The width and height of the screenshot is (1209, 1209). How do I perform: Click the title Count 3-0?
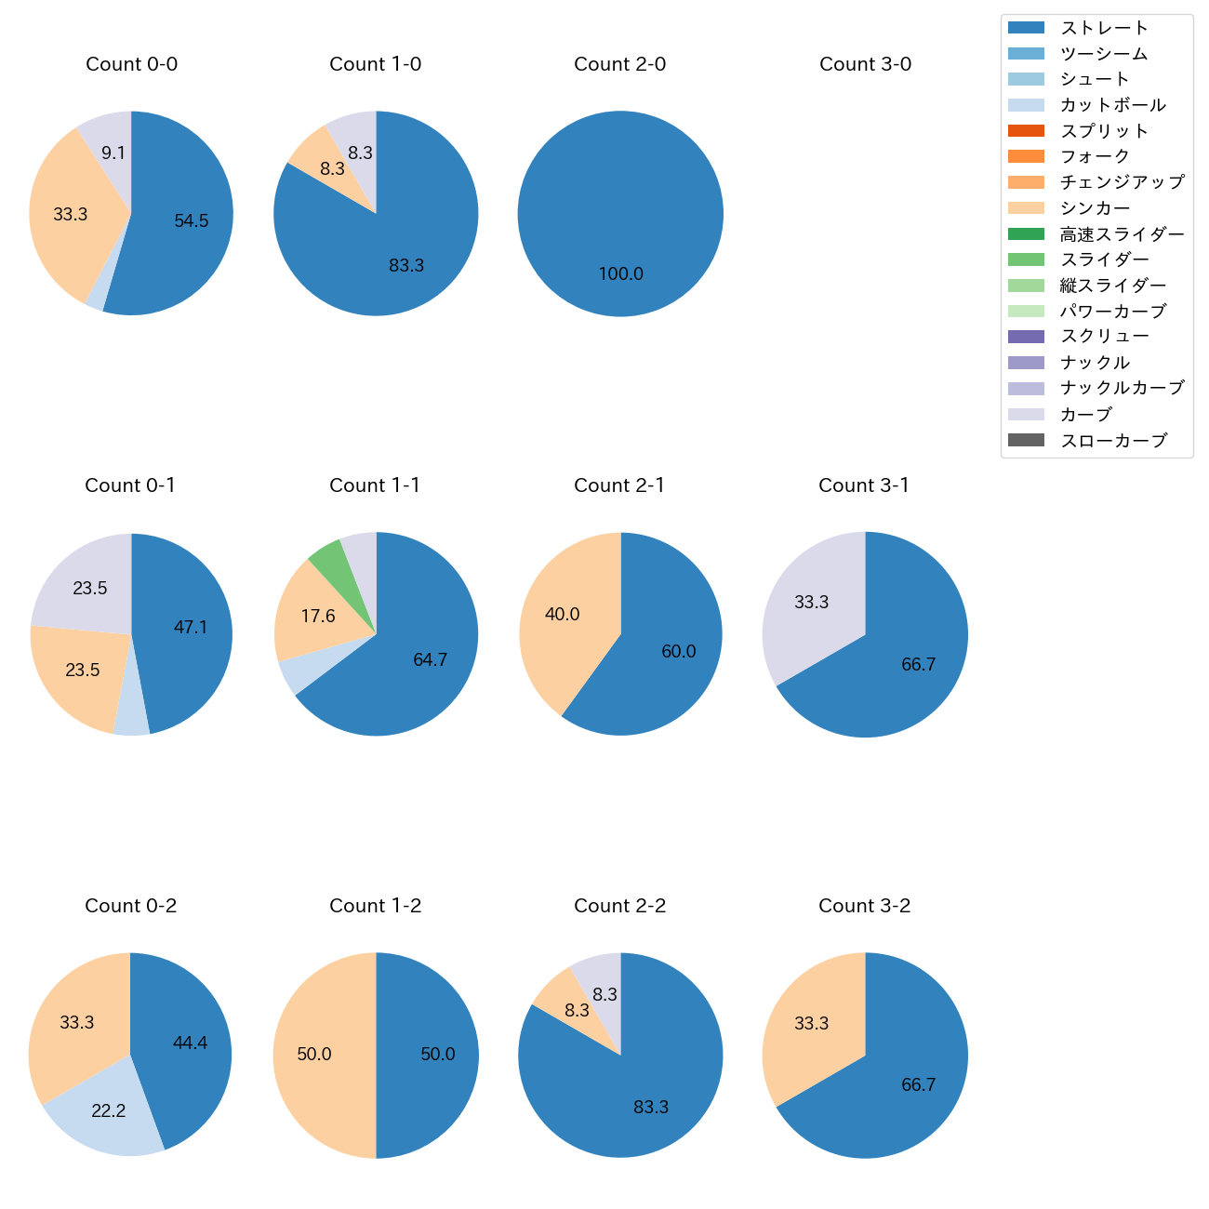tap(865, 64)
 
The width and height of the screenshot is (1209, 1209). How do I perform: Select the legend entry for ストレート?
tap(1104, 28)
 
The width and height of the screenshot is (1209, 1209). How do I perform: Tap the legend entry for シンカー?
tap(1095, 208)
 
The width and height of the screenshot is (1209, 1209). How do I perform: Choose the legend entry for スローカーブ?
tap(1112, 441)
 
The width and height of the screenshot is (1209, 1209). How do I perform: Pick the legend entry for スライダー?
tap(1104, 259)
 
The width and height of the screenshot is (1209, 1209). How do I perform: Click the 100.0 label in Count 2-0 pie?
tap(620, 274)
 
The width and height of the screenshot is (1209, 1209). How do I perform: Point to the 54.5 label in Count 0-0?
tap(192, 221)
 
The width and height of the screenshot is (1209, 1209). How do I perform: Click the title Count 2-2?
tap(620, 906)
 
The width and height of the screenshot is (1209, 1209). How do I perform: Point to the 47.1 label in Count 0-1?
tap(191, 628)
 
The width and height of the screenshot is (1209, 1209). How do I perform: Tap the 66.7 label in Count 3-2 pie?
tap(918, 1085)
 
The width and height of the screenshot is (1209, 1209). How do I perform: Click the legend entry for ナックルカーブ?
tap(1122, 389)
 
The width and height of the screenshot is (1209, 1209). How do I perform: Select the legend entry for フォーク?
tap(1095, 156)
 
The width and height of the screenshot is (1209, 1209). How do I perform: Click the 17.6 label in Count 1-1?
tap(318, 617)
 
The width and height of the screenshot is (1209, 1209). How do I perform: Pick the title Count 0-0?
tap(131, 64)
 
